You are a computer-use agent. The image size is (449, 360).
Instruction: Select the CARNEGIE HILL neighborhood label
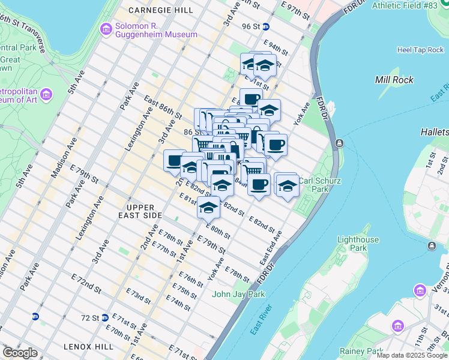pos(160,11)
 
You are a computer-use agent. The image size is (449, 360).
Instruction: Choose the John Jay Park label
pos(238,294)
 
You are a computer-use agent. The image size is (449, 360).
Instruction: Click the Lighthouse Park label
pos(358,244)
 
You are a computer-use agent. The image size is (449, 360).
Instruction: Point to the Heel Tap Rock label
pos(420,50)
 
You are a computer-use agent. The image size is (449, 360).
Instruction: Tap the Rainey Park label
pos(361,351)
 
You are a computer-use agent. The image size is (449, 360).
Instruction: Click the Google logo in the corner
pos(19,353)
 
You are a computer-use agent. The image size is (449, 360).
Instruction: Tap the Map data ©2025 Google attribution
pos(412,355)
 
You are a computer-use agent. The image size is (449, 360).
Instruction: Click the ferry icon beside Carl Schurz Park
pos(339,143)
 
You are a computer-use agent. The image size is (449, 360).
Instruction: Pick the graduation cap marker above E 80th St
pos(208,208)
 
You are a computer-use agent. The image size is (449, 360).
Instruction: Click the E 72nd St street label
pos(84,283)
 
